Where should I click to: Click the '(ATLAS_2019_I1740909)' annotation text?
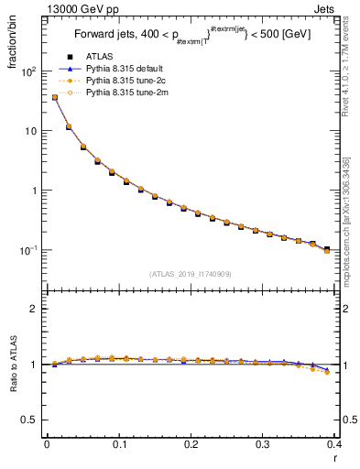click(x=190, y=273)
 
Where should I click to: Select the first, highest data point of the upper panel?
click(x=54, y=97)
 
